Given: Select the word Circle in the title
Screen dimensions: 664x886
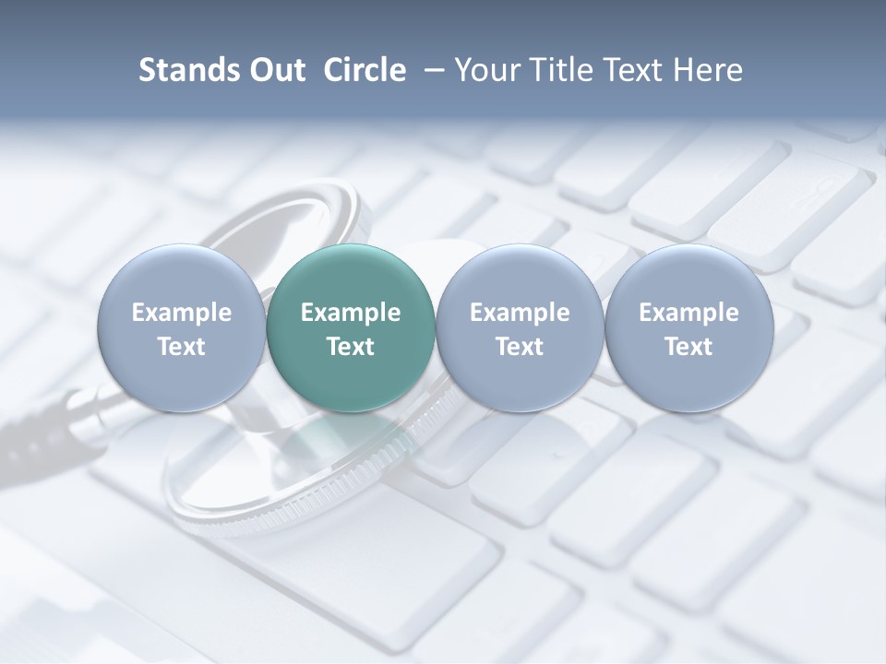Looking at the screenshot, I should coord(365,70).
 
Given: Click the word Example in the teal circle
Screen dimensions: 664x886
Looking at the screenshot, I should coord(351,313).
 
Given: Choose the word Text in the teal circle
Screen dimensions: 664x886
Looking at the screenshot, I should coord(351,347).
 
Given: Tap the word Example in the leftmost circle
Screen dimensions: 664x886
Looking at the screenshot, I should coord(182,313).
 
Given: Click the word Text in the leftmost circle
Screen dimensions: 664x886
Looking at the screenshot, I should coord(182,347).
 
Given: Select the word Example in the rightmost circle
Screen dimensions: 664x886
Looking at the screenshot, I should coord(689,313).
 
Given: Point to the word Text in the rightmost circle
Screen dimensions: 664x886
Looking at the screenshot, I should coord(689,347).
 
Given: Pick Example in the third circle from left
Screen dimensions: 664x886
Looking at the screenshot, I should coord(520,313).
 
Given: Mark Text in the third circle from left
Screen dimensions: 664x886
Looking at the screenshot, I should coord(520,347).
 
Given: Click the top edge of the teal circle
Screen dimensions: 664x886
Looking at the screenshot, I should coord(351,245).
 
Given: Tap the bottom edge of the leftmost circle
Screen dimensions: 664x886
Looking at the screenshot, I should coord(182,411).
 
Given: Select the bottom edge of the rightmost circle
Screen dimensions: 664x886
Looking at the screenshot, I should coord(689,411).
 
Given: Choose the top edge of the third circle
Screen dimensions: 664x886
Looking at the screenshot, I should coord(520,245).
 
